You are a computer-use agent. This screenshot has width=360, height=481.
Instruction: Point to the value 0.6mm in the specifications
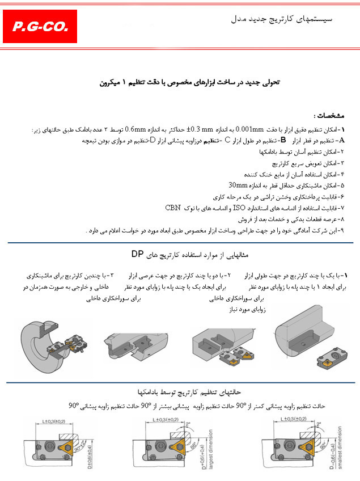click(x=138, y=129)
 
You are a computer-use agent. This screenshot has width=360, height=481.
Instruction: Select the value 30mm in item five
click(x=238, y=185)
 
